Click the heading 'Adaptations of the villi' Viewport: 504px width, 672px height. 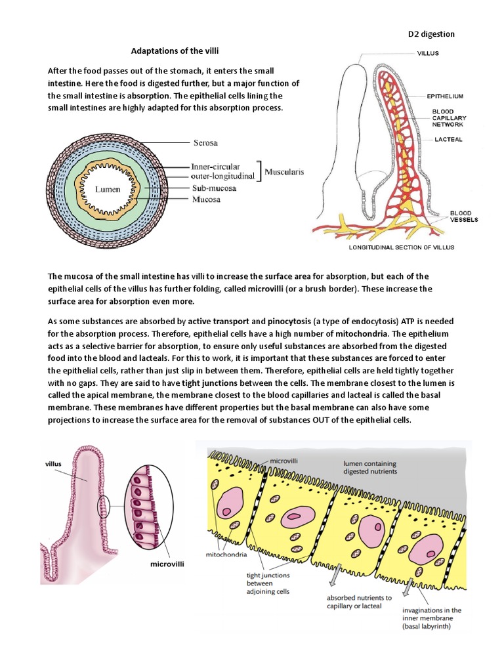175,51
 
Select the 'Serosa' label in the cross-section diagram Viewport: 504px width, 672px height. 205,142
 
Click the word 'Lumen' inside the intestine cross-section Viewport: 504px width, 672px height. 108,189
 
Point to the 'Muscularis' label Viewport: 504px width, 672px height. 289,173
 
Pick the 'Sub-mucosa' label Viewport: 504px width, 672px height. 214,188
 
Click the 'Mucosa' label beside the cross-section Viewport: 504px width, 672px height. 205,199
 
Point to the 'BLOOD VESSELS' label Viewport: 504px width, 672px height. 463,217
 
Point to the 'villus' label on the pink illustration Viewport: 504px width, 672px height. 53,463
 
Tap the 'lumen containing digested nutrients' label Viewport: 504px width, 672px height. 370,467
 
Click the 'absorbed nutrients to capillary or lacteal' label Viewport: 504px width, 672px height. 360,602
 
